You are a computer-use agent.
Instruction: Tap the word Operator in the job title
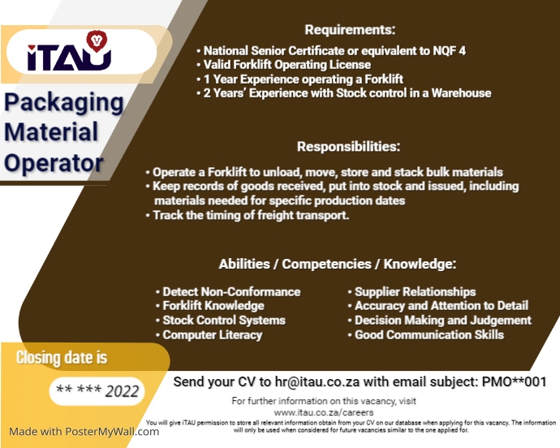(54, 162)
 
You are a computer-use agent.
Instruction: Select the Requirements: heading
(350, 31)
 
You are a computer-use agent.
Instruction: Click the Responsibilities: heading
(348, 147)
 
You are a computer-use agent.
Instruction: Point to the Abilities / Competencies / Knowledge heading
(337, 265)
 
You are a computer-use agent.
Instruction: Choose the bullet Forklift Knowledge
(213, 306)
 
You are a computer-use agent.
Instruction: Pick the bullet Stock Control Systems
(223, 321)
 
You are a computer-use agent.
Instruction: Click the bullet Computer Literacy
(212, 335)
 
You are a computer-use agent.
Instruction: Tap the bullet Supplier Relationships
(415, 292)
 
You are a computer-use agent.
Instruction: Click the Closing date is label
(61, 358)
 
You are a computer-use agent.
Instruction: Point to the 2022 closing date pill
(96, 391)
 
